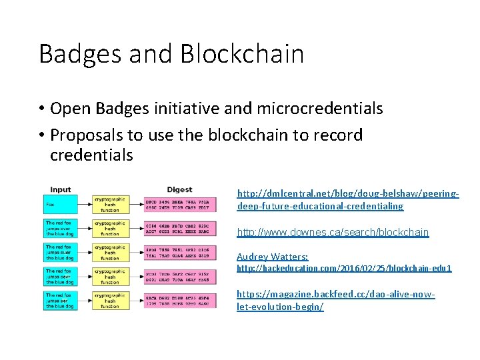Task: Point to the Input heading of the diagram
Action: click(x=60, y=190)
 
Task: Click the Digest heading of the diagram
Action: click(x=179, y=190)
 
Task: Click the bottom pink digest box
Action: click(x=177, y=301)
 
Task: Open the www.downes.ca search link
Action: click(x=333, y=233)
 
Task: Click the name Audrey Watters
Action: click(x=273, y=257)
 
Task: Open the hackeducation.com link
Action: click(x=344, y=268)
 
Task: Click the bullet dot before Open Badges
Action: click(x=41, y=109)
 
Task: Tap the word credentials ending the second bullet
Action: click(x=91, y=155)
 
